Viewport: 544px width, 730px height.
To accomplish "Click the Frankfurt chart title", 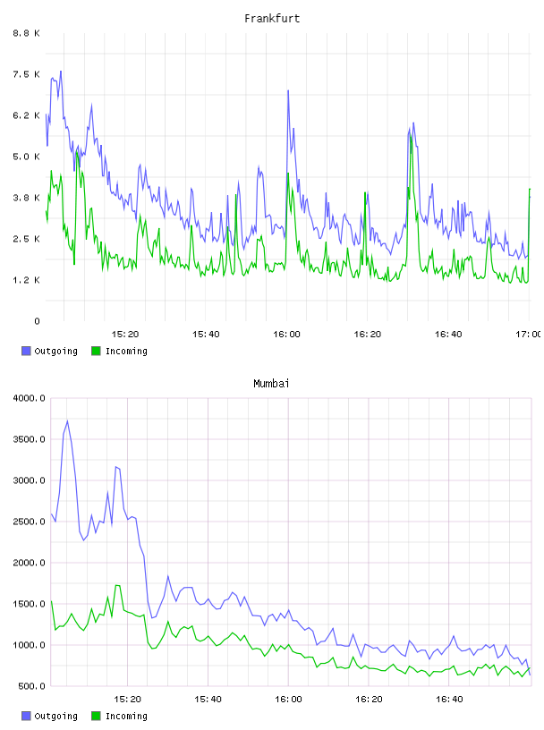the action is coord(272,19).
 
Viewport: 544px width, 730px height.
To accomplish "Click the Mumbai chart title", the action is coord(271,384).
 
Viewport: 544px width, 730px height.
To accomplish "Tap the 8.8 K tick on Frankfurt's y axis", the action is coord(27,33).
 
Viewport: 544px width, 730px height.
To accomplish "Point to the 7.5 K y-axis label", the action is coord(27,74).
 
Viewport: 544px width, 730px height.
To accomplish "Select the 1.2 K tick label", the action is coord(27,280).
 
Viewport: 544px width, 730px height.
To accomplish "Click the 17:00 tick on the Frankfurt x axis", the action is coord(528,335).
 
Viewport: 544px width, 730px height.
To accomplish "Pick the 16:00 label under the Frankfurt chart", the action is coord(286,335).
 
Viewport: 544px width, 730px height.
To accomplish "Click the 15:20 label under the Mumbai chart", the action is coord(127,700).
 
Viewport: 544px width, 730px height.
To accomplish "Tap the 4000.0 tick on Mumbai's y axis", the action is coord(30,398).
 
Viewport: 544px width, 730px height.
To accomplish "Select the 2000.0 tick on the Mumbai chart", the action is coord(30,563).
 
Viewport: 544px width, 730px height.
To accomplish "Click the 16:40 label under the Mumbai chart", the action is coord(449,700).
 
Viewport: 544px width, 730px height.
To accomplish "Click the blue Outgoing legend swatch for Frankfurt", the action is coord(26,351).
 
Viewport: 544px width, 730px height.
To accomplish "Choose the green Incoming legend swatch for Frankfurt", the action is coord(96,351).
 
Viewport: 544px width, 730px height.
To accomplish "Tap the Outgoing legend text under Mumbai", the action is coord(55,716).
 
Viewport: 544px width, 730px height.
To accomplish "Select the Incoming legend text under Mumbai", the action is coord(126,716).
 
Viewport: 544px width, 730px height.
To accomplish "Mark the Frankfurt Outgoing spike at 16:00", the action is coord(288,90).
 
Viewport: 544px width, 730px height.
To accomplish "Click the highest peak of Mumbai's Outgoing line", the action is coord(67,420).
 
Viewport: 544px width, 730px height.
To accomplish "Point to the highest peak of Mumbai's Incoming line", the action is coord(117,585).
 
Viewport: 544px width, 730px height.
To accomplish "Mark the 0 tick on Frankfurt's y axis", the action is coord(38,321).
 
